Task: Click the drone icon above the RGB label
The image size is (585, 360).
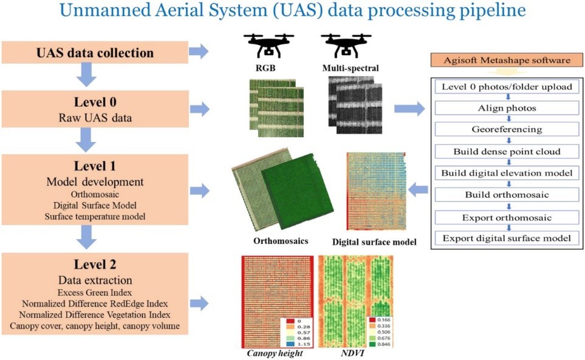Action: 269,46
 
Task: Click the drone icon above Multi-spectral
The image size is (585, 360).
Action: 346,46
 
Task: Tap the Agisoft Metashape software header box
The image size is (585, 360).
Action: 507,60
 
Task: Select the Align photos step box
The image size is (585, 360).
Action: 507,108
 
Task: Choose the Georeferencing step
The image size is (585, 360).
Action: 507,129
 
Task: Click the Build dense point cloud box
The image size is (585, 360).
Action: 507,151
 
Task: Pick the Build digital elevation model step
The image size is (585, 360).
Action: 507,173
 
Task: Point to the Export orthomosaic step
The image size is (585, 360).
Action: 507,218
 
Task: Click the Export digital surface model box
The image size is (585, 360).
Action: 507,238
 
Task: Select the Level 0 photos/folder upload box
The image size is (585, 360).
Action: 507,87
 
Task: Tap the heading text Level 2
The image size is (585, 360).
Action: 95,265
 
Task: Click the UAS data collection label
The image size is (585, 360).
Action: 95,53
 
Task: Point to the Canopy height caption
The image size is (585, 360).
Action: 275,353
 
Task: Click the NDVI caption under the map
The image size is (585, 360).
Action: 352,353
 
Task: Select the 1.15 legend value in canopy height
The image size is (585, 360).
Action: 304,344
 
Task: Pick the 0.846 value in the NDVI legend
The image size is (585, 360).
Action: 383,344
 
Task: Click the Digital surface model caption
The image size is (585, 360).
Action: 374,242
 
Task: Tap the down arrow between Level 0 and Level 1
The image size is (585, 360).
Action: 86,140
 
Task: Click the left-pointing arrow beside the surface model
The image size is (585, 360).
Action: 418,190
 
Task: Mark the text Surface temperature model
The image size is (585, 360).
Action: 95,217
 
